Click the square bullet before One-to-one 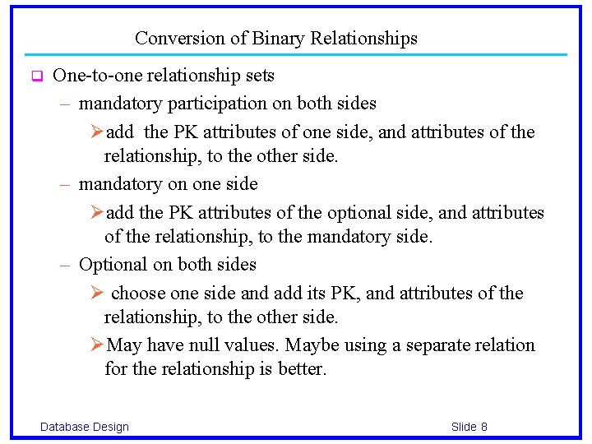click(36, 77)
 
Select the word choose click(138, 294)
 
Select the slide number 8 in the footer click(484, 427)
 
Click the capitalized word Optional click(111, 265)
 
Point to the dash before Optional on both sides click(66, 265)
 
